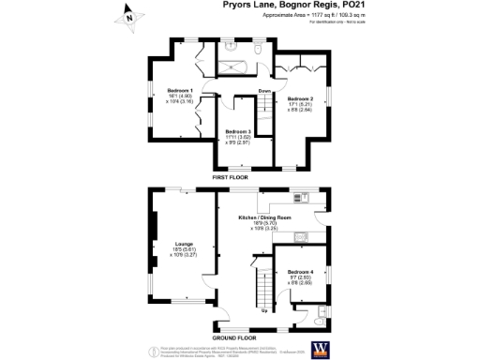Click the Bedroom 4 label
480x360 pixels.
pos(299,276)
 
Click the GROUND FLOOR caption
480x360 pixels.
pos(234,337)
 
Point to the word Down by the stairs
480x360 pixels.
pos(264,91)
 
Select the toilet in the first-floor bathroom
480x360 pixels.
pos(259,46)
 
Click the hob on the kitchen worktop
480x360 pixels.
pos(302,197)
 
